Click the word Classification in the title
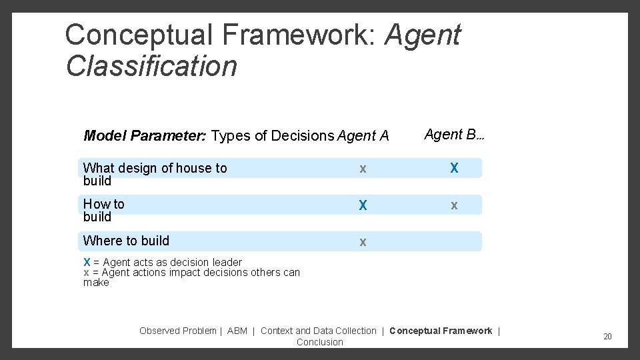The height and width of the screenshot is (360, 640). point(151,66)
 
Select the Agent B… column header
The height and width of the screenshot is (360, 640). point(454,135)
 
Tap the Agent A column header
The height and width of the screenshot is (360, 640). point(363,137)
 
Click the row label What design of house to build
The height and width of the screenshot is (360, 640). point(155,174)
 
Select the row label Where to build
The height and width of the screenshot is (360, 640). point(126,241)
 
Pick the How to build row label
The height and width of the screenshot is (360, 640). point(103,210)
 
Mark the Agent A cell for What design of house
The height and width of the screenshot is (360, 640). point(363,169)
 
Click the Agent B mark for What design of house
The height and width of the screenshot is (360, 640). point(454,168)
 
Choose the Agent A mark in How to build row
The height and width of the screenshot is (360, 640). point(363,205)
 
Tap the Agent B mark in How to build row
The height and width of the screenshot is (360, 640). point(454,205)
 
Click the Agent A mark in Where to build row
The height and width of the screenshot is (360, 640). point(363,242)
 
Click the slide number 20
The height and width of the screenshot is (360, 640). point(607,337)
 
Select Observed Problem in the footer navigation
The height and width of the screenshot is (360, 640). point(177,331)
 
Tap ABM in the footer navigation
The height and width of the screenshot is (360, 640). point(237,331)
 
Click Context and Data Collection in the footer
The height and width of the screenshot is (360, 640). point(318,331)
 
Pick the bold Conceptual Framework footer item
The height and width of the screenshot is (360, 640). point(441,331)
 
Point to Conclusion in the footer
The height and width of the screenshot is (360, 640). point(320,342)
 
